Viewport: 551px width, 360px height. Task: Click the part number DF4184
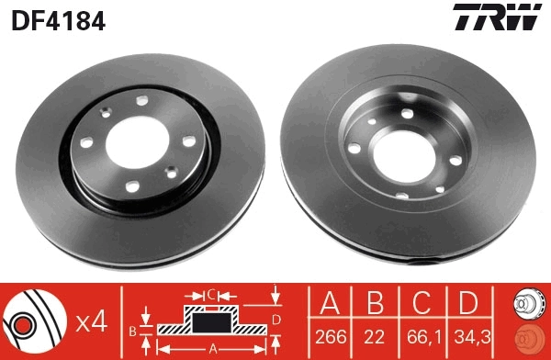[56, 18]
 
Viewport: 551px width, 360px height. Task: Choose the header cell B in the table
[374, 302]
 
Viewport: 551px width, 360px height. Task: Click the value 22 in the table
[374, 337]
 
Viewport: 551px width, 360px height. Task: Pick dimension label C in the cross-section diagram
[210, 295]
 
